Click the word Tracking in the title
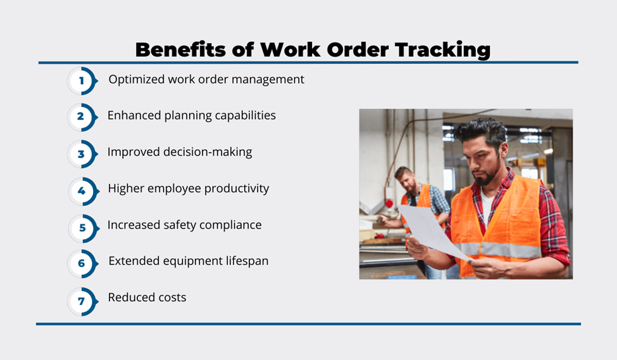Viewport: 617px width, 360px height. (x=443, y=50)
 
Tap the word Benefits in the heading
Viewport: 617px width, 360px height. (x=180, y=49)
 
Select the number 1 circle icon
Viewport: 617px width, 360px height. (x=82, y=80)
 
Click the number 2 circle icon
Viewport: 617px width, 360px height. (x=82, y=117)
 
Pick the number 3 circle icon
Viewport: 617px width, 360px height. (x=82, y=154)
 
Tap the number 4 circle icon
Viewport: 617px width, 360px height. (x=83, y=191)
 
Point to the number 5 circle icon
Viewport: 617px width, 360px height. (x=83, y=228)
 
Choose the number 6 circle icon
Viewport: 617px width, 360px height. (x=82, y=264)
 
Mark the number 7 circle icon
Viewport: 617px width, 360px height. (x=82, y=301)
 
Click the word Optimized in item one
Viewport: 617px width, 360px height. (x=137, y=80)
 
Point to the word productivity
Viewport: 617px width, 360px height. (x=237, y=189)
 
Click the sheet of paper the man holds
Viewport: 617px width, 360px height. (x=432, y=232)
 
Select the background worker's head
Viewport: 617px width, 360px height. (x=405, y=178)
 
